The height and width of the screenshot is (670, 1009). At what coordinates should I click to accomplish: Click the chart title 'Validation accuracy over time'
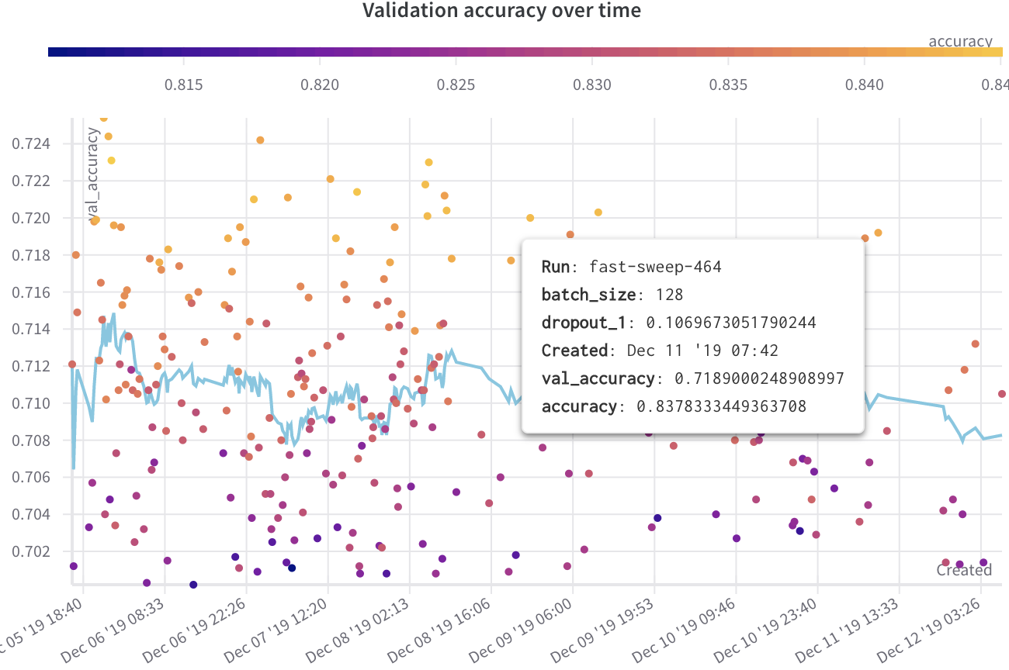coord(502,11)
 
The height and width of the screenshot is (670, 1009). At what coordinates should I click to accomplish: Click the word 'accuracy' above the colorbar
coord(960,41)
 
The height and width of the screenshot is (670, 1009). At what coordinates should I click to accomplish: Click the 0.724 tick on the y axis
coord(32,143)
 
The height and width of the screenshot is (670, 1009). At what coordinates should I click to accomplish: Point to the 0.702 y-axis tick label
coord(32,551)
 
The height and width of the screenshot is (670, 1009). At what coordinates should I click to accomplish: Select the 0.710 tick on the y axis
coord(32,403)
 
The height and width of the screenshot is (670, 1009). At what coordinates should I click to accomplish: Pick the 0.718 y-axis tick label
coord(32,255)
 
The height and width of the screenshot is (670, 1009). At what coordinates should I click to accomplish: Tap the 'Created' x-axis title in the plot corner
coord(964,570)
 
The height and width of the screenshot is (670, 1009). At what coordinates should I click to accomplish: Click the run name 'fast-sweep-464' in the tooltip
coord(655,267)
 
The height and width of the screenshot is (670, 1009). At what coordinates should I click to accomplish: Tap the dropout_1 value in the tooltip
coord(731,323)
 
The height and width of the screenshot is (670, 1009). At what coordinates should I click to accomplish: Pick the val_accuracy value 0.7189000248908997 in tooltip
coord(758,378)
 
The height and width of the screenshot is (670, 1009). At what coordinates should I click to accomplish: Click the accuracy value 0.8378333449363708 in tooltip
coord(721,406)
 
